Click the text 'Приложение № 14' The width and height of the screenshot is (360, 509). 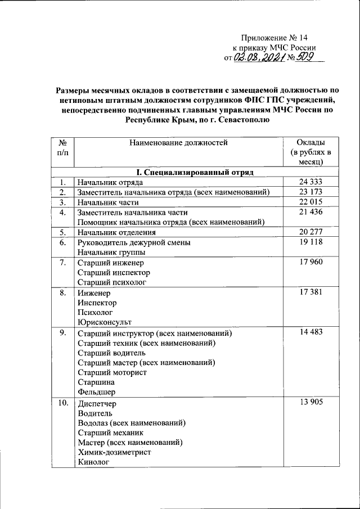[275, 37]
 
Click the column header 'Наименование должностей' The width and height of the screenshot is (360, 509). [178, 142]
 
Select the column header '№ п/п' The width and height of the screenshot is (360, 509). [63, 147]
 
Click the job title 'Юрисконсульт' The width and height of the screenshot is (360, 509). [104, 322]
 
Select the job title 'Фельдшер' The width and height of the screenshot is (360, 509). [98, 393]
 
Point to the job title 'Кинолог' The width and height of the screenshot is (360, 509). [93, 463]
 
